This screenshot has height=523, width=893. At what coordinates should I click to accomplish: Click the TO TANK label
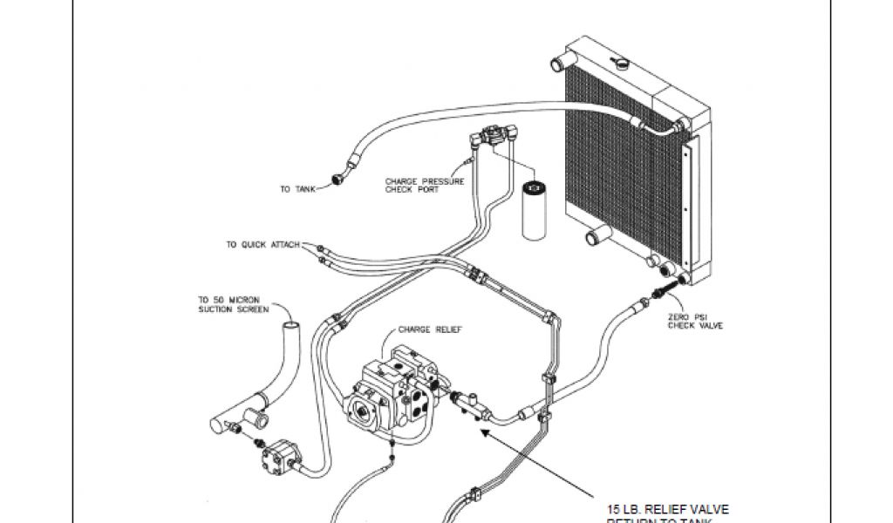(297, 189)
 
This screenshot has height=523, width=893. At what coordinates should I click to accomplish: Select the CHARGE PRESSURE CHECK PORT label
(425, 187)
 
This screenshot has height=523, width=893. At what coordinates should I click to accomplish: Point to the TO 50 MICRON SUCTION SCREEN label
(228, 303)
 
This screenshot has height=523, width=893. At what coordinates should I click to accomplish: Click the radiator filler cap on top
(621, 64)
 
